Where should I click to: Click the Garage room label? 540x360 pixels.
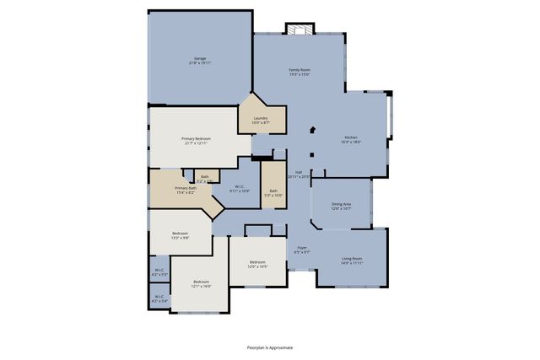pos(199,60)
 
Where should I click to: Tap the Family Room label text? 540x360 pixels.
pos(300,72)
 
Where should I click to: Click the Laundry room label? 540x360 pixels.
pos(261,120)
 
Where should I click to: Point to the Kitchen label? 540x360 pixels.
pos(350,140)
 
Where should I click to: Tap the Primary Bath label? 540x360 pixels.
pos(185,190)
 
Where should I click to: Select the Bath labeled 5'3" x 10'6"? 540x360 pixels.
pos(273,192)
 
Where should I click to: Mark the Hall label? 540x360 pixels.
pos(299,174)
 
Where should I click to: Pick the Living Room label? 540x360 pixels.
pos(352,260)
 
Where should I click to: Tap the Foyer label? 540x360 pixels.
pos(301,250)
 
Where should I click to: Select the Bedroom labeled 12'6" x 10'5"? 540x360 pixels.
pos(257,264)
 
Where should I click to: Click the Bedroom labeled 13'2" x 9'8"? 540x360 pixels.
pos(181,234)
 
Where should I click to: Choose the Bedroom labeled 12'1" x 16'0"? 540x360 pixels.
pos(201,283)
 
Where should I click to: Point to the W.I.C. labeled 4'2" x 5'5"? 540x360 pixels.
pos(159,271)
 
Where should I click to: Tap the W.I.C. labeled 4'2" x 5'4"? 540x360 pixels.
pos(159,298)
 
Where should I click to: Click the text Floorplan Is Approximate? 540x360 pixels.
pos(270,347)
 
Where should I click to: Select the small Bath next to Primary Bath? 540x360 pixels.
pos(205,178)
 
